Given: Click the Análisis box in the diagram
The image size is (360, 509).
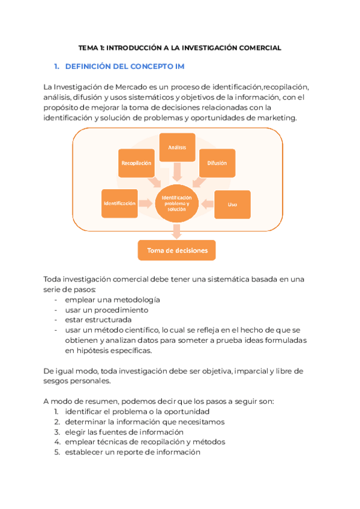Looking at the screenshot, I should pyautogui.click(x=177, y=148).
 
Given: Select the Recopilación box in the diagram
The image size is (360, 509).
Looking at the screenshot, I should pyautogui.click(x=136, y=163).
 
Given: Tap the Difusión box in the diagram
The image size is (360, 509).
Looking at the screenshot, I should pyautogui.click(x=217, y=163).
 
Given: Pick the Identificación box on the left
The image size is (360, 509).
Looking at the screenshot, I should pyautogui.click(x=119, y=203).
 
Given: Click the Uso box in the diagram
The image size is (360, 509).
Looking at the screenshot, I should pyautogui.click(x=232, y=205).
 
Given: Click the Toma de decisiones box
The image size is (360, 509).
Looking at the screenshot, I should pyautogui.click(x=177, y=250).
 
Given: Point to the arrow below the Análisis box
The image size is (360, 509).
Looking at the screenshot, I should pyautogui.click(x=177, y=173).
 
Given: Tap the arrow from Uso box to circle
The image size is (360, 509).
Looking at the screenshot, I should pyautogui.click(x=207, y=204).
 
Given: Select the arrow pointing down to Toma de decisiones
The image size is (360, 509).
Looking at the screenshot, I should pyautogui.click(x=177, y=231).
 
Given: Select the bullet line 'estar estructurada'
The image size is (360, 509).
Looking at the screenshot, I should pyautogui.click(x=98, y=320).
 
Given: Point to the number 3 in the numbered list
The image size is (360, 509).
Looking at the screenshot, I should pyautogui.click(x=55, y=432).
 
